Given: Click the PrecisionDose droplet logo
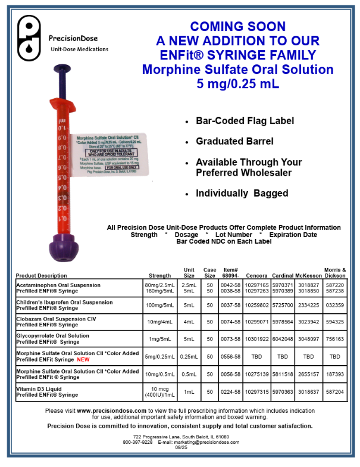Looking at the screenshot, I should pos(28,39).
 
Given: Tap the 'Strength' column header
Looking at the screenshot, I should pos(159,276).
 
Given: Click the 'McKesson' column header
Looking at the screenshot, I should pos(309,276).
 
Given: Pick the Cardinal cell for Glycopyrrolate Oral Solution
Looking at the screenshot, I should pos(281,338).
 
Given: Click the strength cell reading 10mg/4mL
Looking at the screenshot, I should pos(159,322).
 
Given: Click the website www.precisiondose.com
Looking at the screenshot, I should pos(111,410).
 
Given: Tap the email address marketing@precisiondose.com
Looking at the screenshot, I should pos(204,442).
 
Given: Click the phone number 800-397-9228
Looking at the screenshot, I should pos(138,442).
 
